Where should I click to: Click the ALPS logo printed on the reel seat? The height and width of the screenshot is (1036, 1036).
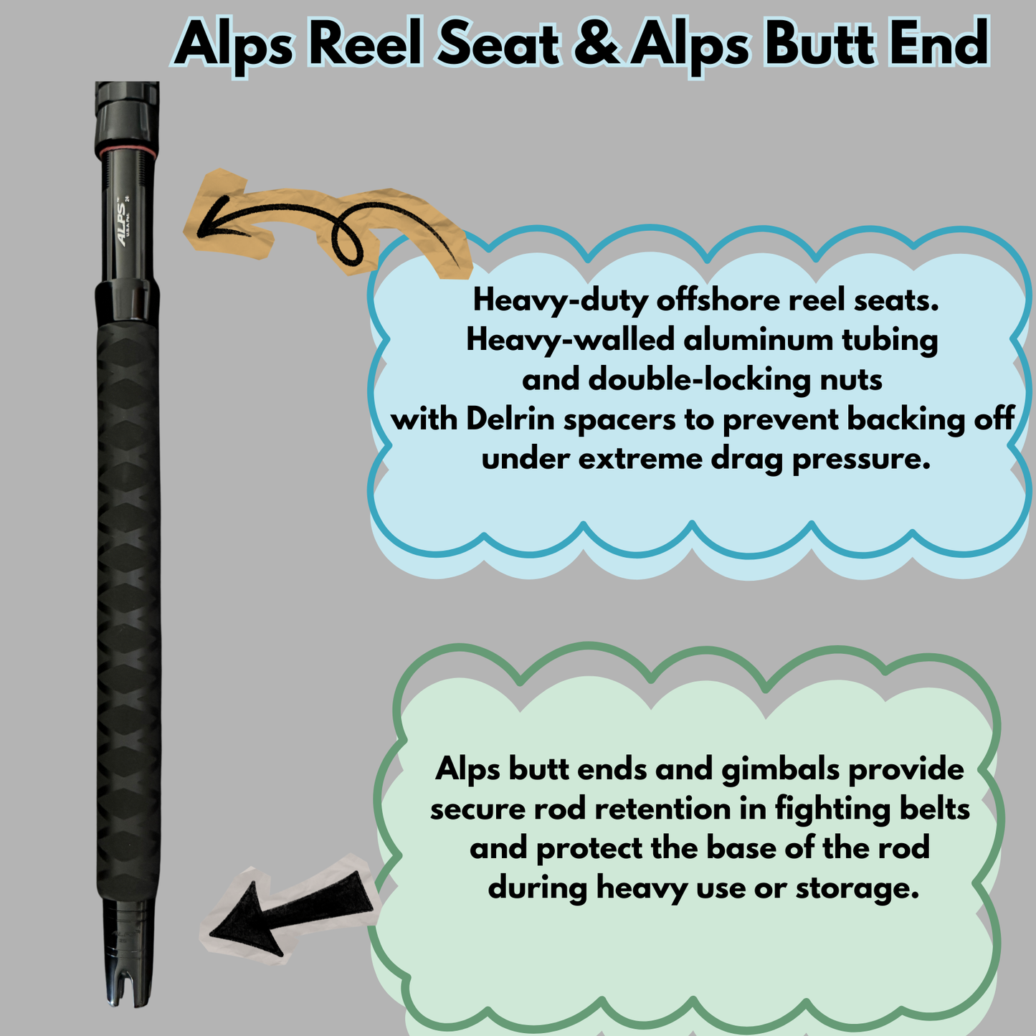tap(123, 222)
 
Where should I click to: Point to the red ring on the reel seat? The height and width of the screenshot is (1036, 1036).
tap(128, 148)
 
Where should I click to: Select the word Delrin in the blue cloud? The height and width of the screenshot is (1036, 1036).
tap(510, 419)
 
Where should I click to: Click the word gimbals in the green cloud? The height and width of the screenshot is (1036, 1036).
tap(780, 769)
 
